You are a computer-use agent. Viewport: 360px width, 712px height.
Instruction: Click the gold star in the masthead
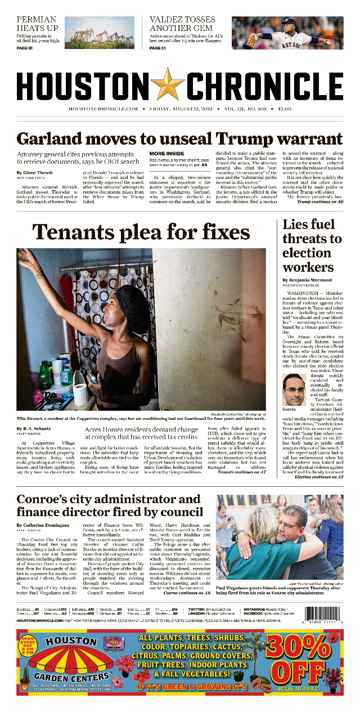[168, 84]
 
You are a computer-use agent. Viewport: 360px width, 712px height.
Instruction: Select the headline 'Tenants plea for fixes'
[141, 232]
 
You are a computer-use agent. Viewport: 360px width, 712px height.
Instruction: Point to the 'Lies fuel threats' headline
[312, 245]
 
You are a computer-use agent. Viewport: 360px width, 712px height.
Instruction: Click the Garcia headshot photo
[294, 389]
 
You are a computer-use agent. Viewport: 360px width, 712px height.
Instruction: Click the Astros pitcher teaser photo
[287, 33]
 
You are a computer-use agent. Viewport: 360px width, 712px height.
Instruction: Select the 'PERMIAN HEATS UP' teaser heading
[37, 23]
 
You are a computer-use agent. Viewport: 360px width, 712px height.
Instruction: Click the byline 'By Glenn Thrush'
[35, 172]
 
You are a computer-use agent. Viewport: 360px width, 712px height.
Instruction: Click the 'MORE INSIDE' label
[166, 154]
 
